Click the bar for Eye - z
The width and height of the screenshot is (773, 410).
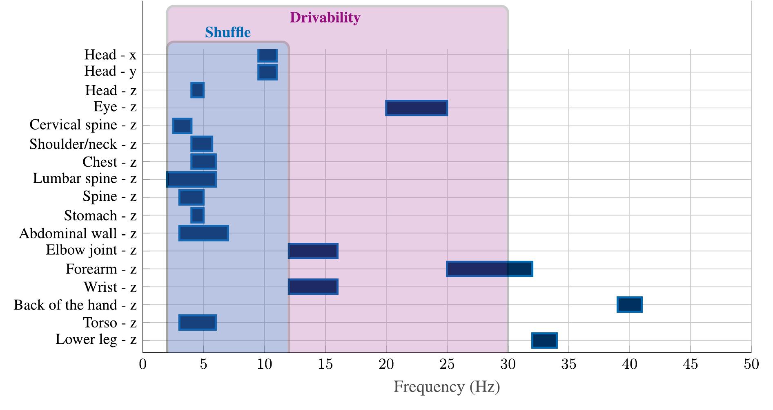tap(416, 108)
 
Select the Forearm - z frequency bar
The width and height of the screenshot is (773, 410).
tap(489, 269)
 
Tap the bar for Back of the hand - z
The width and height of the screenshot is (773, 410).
tap(629, 305)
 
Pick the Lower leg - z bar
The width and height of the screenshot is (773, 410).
tap(544, 341)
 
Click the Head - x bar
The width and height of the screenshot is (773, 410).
tap(267, 55)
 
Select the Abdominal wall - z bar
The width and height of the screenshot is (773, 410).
tap(203, 233)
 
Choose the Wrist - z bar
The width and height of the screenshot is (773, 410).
tap(313, 287)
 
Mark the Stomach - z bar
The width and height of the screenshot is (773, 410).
tap(197, 215)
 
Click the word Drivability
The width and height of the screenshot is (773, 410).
tap(325, 18)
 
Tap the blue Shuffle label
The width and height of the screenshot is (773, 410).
tap(227, 32)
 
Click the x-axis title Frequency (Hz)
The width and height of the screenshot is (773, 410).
tap(446, 386)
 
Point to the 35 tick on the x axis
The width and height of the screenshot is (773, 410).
tap(568, 364)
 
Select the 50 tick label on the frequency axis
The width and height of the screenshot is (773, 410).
tap(751, 364)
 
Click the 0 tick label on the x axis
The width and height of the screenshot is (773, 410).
tap(143, 364)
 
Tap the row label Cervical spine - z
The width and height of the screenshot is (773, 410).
tap(83, 125)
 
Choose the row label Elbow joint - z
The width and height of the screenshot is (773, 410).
tap(91, 250)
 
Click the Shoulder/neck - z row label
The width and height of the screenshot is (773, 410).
tap(83, 144)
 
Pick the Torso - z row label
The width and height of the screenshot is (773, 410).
tap(110, 323)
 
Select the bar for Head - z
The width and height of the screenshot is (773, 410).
tap(197, 90)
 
